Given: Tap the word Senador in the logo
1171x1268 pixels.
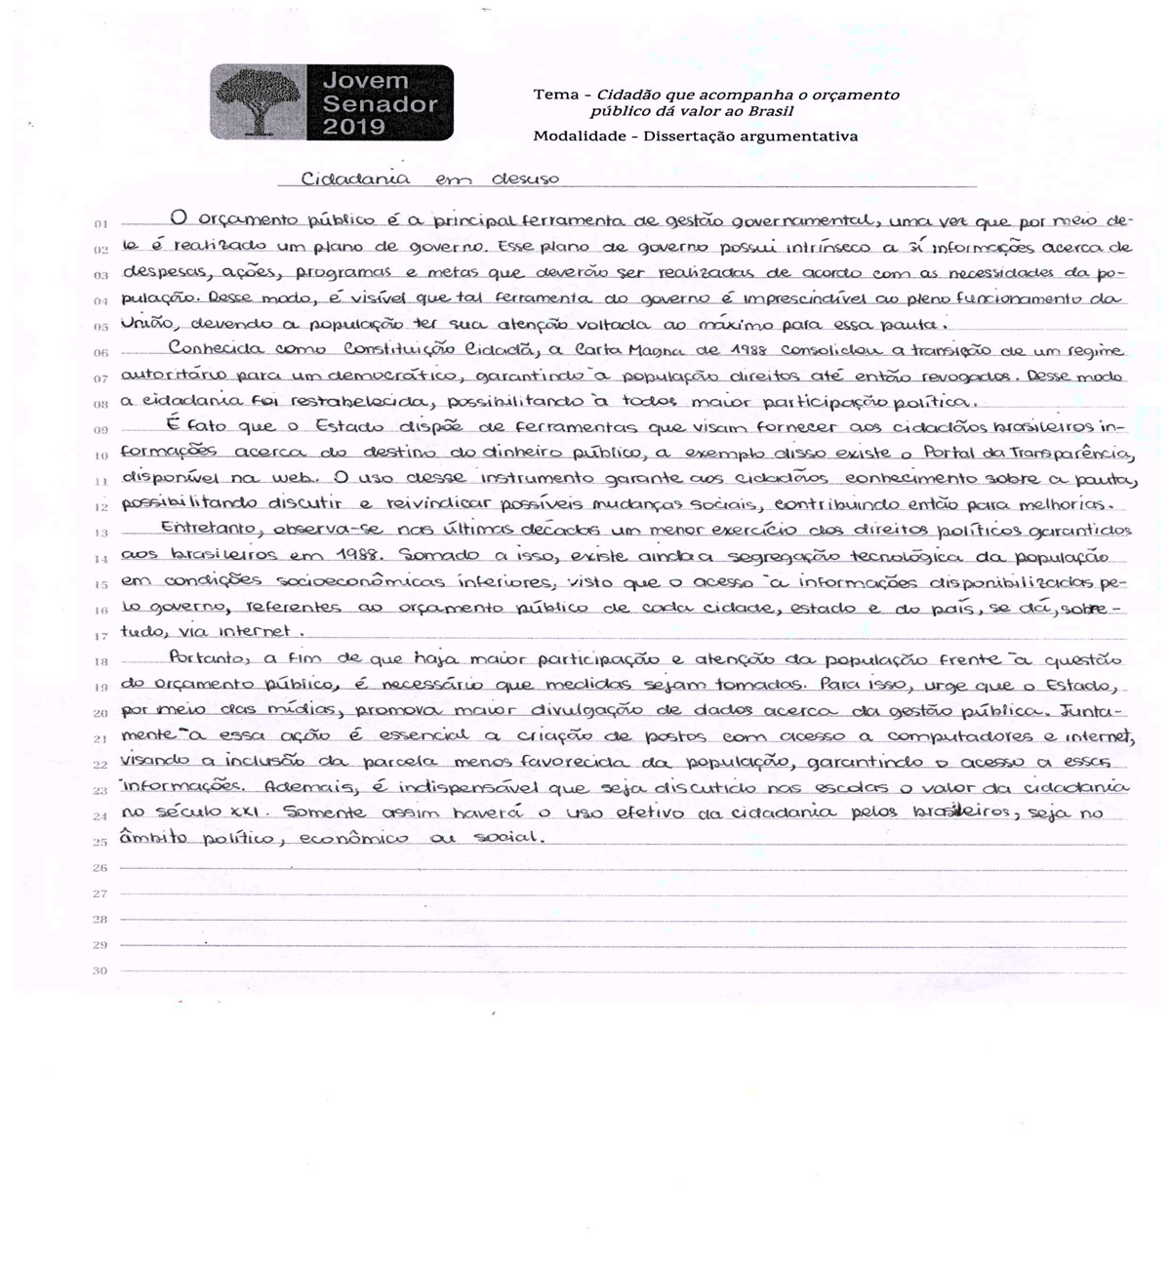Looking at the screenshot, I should click(381, 104).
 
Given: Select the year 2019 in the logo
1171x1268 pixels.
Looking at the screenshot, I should click(354, 127).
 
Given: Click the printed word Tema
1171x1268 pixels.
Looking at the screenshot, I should click(555, 95).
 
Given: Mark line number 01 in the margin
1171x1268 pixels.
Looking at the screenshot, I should click(101, 224).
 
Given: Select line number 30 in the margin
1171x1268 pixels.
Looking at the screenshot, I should click(100, 971).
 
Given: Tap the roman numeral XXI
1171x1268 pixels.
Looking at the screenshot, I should click(252, 812).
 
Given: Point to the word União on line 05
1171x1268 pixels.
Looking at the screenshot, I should click(145, 324).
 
